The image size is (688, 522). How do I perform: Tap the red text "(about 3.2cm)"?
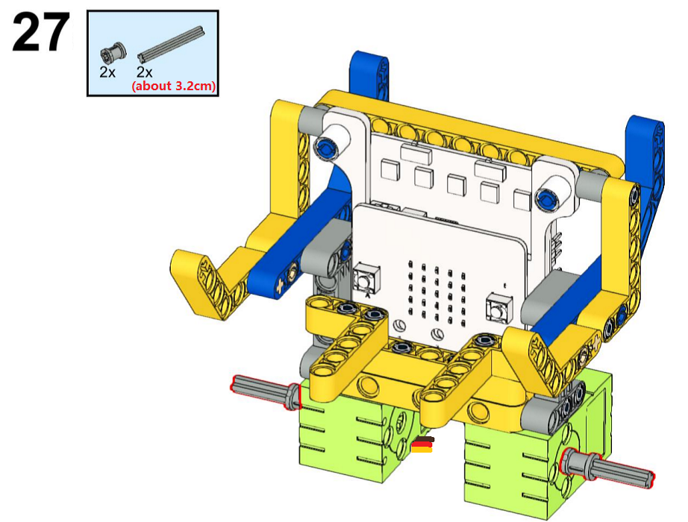coord(174,86)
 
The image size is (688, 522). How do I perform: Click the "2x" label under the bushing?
coord(107,72)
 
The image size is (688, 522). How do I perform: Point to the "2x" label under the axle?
coord(144,72)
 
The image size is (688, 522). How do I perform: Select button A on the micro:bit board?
coord(364,277)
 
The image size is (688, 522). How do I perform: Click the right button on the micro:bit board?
coord(498,309)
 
